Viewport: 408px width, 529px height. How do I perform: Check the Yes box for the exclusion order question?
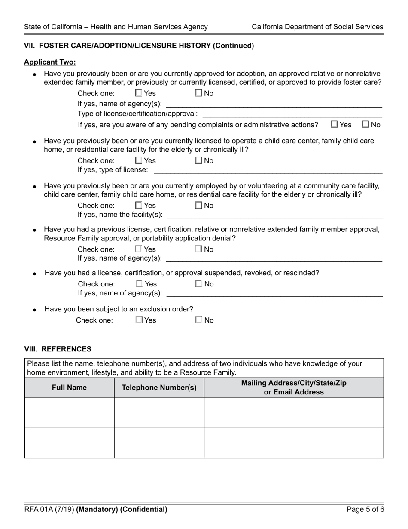(x=139, y=320)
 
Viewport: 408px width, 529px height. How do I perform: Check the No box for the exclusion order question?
(x=199, y=320)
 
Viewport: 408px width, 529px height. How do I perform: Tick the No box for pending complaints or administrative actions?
(x=365, y=125)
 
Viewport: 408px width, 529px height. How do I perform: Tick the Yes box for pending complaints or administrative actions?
(x=335, y=125)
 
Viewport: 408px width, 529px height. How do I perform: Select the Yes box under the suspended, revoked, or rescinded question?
(x=140, y=284)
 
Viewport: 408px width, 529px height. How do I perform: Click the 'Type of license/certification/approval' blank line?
(x=292, y=114)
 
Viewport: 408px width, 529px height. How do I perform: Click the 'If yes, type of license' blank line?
(x=268, y=171)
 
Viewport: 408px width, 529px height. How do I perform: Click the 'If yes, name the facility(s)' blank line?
(x=275, y=215)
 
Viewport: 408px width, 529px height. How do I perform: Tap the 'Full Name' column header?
(x=69, y=388)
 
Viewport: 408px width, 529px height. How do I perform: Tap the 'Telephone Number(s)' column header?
(x=159, y=388)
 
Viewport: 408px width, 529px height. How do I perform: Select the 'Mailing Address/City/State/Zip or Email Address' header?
(x=294, y=388)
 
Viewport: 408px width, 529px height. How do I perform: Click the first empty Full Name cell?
(x=69, y=412)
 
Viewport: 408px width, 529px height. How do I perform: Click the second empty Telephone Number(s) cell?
(x=159, y=443)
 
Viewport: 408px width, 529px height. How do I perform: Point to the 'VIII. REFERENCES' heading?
(x=58, y=349)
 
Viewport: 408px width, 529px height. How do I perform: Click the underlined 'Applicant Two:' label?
(x=50, y=62)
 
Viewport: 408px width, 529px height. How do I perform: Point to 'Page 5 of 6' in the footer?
(x=365, y=510)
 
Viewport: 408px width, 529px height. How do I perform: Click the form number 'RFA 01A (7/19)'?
(x=49, y=510)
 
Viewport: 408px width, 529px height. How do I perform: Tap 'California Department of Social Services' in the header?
(x=317, y=27)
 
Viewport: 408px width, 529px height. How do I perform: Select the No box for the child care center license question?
(x=198, y=161)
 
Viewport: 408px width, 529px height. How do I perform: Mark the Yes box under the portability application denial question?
(x=139, y=249)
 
